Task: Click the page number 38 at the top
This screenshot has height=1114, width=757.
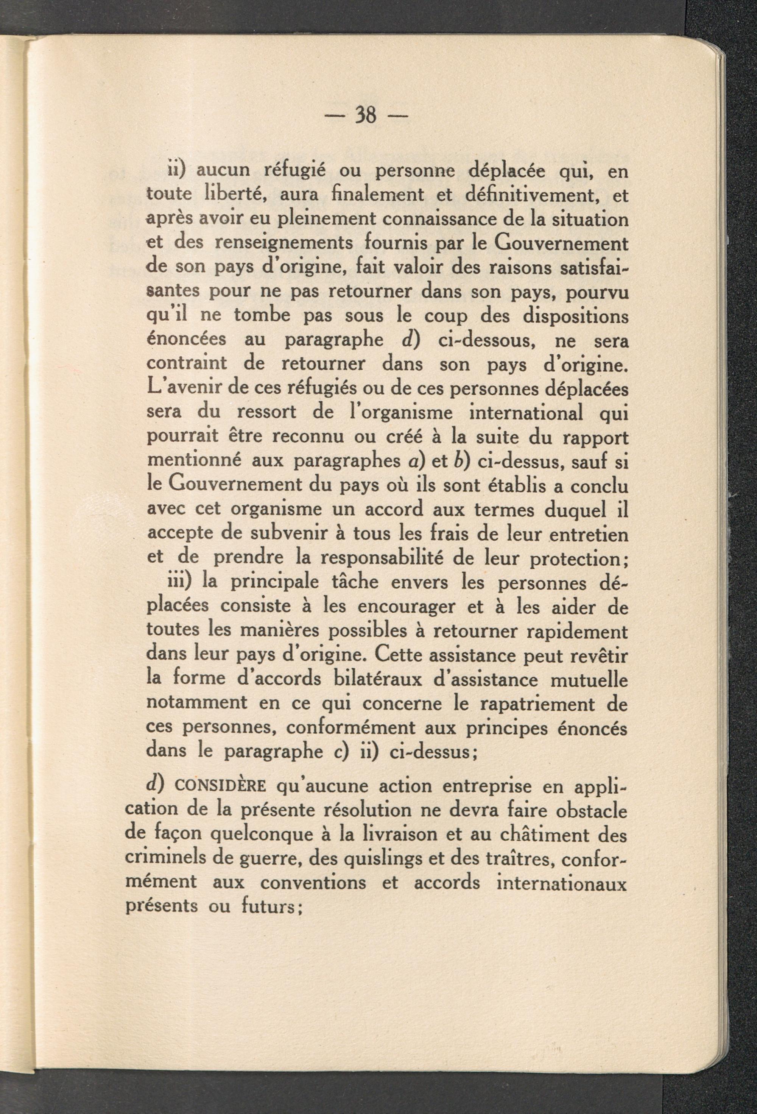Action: point(365,115)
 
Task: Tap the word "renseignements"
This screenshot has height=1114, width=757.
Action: point(285,243)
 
